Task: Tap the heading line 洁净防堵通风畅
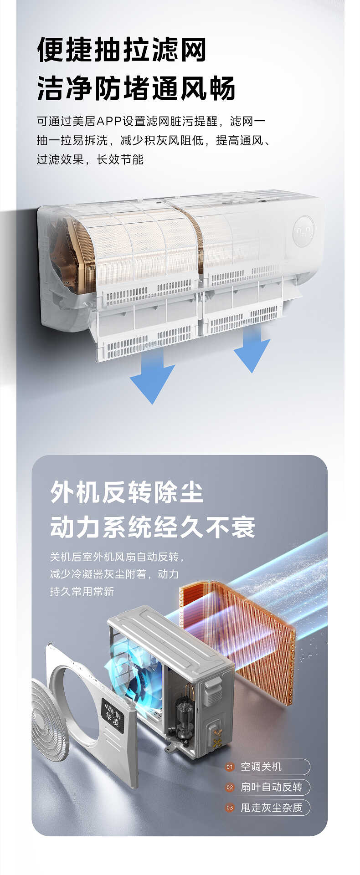click(x=136, y=88)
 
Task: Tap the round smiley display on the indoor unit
click(x=303, y=231)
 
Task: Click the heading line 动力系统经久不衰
click(x=153, y=527)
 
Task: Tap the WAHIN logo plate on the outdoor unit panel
click(x=113, y=716)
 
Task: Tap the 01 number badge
click(x=230, y=767)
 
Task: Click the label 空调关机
click(x=261, y=767)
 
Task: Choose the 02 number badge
click(x=230, y=788)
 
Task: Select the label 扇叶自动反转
click(x=271, y=788)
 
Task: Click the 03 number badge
click(x=230, y=808)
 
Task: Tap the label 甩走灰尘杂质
click(x=271, y=808)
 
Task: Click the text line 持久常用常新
click(x=82, y=591)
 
